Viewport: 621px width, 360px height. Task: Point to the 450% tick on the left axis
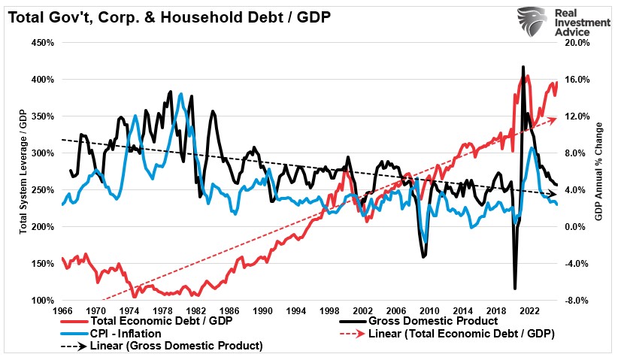pos(42,43)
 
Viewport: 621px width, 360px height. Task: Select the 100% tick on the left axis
pos(42,301)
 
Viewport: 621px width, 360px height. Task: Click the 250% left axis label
pos(42,190)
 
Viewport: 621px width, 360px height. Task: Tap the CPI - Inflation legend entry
pos(135,334)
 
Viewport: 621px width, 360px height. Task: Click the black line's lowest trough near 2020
pos(515,288)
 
